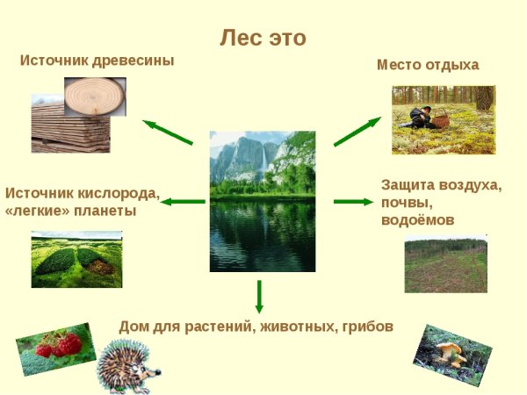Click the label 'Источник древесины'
pyautogui.click(x=97, y=61)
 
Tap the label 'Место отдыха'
pyautogui.click(x=428, y=65)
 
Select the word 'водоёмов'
pyautogui.click(x=417, y=219)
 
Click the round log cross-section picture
pyautogui.click(x=95, y=95)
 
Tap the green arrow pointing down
pyautogui.click(x=259, y=297)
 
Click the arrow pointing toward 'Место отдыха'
pyautogui.click(x=357, y=132)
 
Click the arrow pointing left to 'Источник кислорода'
pyautogui.click(x=183, y=202)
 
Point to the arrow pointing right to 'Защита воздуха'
pyautogui.click(x=353, y=202)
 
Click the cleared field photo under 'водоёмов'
pyautogui.click(x=445, y=264)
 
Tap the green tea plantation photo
pyautogui.click(x=76, y=260)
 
